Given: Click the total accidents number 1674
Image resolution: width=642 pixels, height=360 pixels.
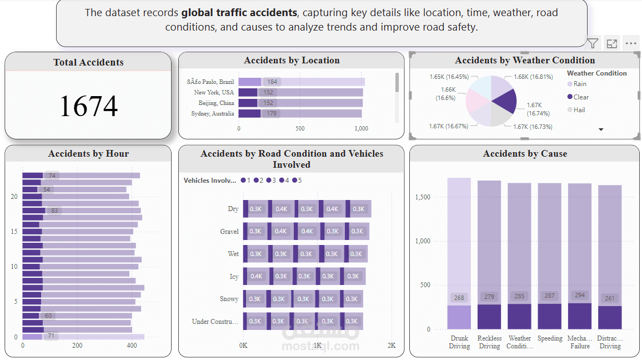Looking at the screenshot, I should (x=88, y=106).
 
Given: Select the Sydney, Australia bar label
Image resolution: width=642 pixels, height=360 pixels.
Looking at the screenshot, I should (x=213, y=113).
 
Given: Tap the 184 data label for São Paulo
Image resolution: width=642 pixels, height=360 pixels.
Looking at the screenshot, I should (x=272, y=82).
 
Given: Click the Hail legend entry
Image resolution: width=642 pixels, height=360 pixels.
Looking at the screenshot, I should (x=579, y=110).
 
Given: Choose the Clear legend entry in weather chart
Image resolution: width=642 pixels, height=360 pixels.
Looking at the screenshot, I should (x=581, y=97).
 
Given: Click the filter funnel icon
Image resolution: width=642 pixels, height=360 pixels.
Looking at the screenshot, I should (x=593, y=43).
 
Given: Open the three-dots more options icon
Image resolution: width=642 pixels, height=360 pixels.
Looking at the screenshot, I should (x=630, y=43).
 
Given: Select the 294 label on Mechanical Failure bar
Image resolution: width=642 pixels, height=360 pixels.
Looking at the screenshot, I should (x=579, y=296).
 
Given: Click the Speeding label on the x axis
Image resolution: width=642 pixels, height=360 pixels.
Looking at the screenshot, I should (x=550, y=338).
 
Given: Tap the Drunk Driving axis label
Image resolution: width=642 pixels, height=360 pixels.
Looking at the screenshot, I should (x=459, y=342).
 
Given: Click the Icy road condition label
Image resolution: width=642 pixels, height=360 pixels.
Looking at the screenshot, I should (x=234, y=276).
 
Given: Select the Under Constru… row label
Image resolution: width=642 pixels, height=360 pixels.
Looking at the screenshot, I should (x=215, y=321).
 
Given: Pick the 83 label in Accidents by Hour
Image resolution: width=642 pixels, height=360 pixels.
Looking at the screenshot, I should (x=54, y=211).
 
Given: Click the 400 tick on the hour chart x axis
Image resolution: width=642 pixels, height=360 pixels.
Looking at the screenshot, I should (x=132, y=346).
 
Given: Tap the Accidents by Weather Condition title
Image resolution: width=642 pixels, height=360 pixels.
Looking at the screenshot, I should (x=525, y=60).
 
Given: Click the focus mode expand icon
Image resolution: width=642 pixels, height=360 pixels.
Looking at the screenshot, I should (x=611, y=43).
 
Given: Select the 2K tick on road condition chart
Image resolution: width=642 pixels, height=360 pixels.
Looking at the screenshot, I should (x=392, y=346).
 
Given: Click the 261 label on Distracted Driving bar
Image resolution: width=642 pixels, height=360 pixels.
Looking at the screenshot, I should (x=609, y=298).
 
